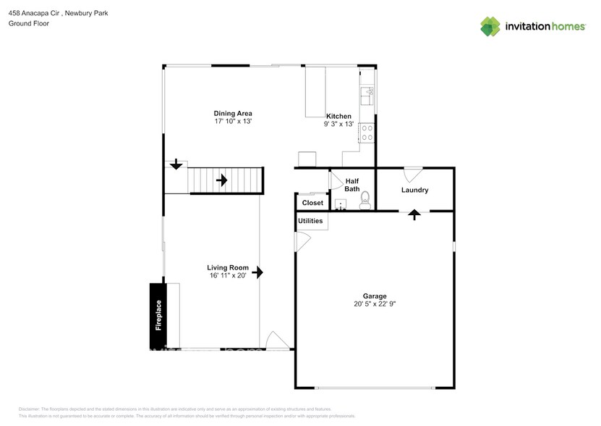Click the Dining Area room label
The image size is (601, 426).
232,113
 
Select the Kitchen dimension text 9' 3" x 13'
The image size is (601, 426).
338,125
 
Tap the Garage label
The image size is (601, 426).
375,296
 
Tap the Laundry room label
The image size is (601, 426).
415,191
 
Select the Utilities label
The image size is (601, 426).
310,221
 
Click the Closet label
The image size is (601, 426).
312,203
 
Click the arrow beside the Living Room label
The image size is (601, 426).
257,272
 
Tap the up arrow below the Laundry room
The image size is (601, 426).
414,214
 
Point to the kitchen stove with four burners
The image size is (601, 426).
367,132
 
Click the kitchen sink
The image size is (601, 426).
367,93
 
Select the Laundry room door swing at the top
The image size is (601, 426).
412,174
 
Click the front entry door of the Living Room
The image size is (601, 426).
277,341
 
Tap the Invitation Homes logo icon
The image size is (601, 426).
490,27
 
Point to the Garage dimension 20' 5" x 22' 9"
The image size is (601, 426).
375,304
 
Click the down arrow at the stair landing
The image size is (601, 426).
176,166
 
